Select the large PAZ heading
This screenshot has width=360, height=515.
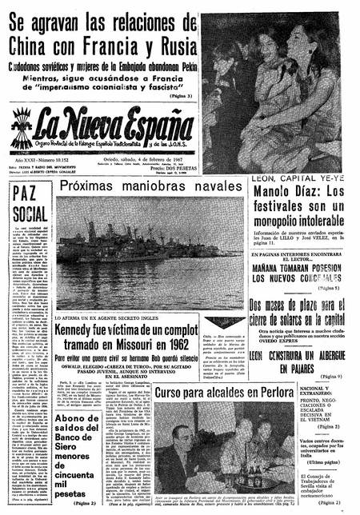30,194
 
